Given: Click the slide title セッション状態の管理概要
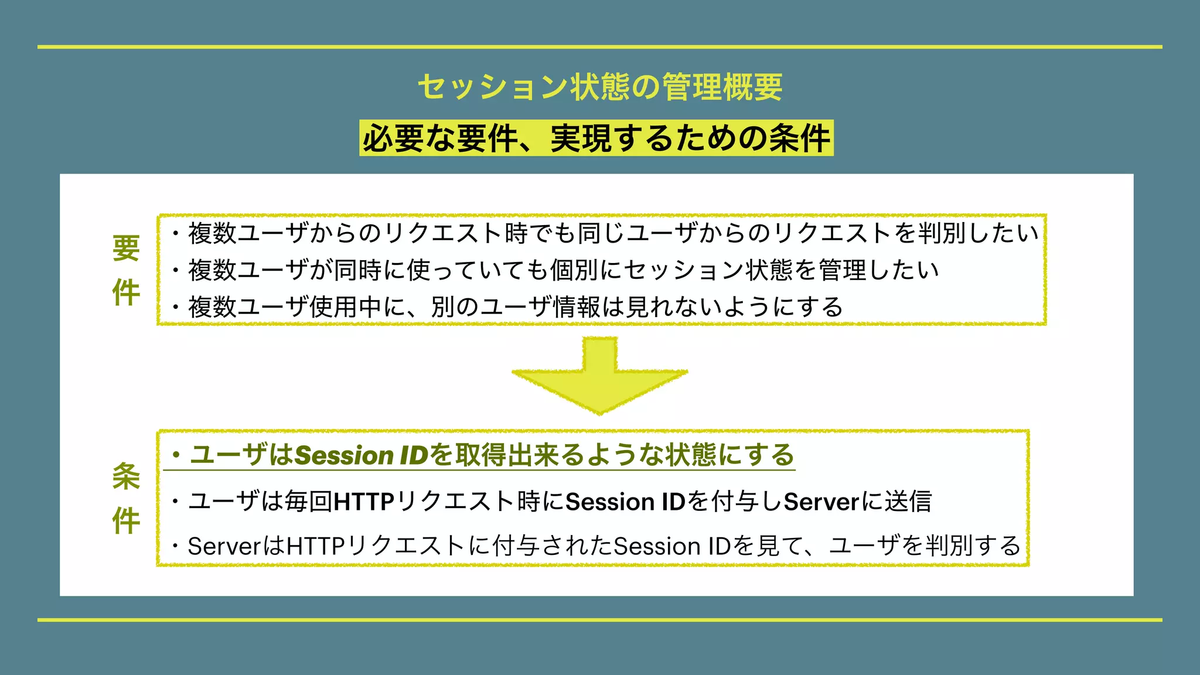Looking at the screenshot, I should click(600, 87).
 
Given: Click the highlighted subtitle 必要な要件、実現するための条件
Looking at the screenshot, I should click(596, 139).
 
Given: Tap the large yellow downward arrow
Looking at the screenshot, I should click(599, 381).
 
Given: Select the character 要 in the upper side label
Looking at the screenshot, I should click(126, 248).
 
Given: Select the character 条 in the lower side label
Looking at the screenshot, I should click(126, 476).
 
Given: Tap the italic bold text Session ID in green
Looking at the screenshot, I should click(362, 455).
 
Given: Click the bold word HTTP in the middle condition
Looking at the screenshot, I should click(363, 502).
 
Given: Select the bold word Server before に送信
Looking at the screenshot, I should click(821, 502).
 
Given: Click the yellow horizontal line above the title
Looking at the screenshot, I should click(600, 47).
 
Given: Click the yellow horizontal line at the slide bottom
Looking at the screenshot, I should click(600, 619).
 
